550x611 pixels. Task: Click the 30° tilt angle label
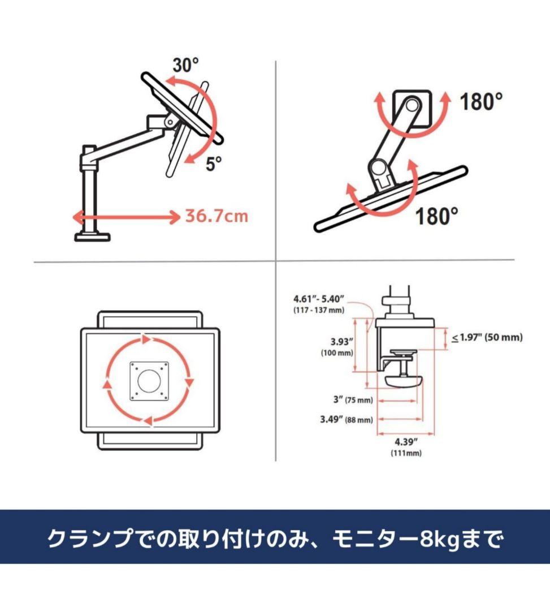pyautogui.click(x=186, y=66)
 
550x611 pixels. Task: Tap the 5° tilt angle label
pyautogui.click(x=214, y=165)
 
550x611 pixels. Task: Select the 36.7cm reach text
pyautogui.click(x=216, y=216)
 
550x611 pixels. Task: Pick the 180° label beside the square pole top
pyautogui.click(x=480, y=102)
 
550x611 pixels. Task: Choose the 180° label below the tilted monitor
pyautogui.click(x=437, y=216)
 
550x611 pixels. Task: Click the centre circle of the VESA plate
pyautogui.click(x=149, y=381)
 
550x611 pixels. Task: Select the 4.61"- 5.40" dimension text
pyautogui.click(x=318, y=298)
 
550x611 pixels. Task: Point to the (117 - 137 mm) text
pyautogui.click(x=319, y=311)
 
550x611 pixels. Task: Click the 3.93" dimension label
pyautogui.click(x=342, y=341)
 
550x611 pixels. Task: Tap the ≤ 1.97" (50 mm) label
pyautogui.click(x=486, y=338)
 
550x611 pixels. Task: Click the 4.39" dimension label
pyautogui.click(x=405, y=442)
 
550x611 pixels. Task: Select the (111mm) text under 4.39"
pyautogui.click(x=405, y=453)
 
